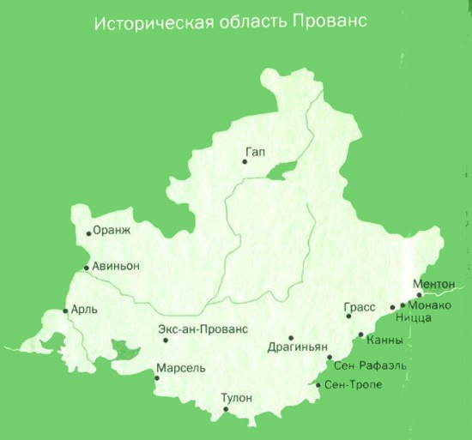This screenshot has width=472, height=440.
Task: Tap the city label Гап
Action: pyautogui.click(x=255, y=152)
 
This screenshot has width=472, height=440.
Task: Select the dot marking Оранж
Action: pyautogui.click(x=88, y=233)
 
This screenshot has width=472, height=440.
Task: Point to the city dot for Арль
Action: pyautogui.click(x=66, y=310)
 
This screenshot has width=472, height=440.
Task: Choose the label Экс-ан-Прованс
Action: pyautogui.click(x=203, y=328)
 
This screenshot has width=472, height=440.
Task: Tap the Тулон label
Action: pyautogui.click(x=237, y=397)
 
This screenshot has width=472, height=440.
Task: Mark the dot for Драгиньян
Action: pyautogui.click(x=291, y=338)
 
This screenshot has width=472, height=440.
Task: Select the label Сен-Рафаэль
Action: pyautogui.click(x=370, y=366)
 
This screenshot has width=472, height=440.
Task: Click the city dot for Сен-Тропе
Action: pyautogui.click(x=318, y=385)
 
